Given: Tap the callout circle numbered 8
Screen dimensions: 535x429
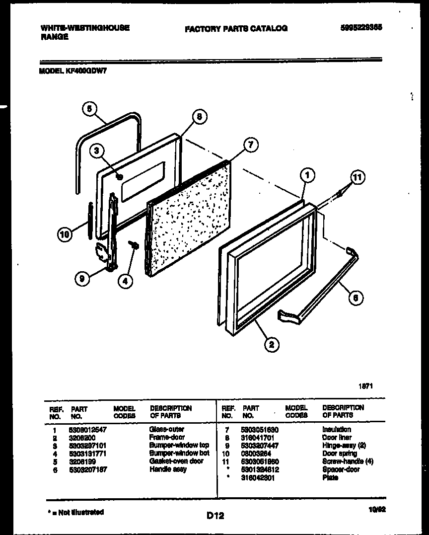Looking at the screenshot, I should pos(198,118).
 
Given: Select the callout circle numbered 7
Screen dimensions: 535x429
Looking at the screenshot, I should pos(251,145).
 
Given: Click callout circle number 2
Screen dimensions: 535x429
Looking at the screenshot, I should pos(272,344).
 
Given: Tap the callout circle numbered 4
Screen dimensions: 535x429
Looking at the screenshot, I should pos(126,281).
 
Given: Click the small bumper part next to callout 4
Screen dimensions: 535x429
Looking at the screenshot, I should pos(134,245).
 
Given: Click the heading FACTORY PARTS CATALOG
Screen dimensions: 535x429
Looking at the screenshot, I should pos(236,29).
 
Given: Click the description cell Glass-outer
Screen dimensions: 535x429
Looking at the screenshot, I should pos(167,429).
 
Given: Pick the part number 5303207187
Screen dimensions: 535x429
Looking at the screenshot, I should pos(88,469).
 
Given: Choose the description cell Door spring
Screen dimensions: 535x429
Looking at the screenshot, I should pos(337,454).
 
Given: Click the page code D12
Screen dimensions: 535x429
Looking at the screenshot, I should pos(215,516).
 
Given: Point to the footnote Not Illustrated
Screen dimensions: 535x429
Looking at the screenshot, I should pos(75,512).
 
